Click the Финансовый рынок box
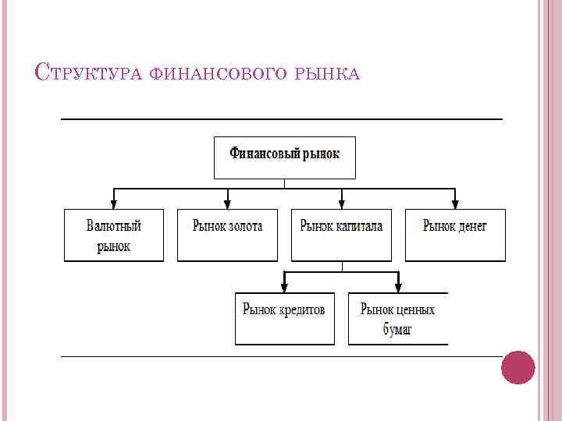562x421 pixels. coord(284,157)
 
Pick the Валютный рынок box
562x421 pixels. coord(114,235)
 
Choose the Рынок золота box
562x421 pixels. coord(227,235)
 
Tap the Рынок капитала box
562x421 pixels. coord(341,235)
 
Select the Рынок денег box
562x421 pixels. coord(455,235)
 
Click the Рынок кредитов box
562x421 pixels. coord(284,318)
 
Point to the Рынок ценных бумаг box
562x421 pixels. coord(397,318)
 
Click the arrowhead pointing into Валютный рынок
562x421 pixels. coord(114,203)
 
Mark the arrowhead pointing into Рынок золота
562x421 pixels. coord(227,203)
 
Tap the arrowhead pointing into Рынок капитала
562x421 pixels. coord(341,203)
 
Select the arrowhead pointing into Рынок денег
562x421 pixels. coord(455,203)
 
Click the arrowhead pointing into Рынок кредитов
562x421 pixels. coord(284,287)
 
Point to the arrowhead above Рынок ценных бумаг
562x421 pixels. coord(397,287)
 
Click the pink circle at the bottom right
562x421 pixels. coord(518,367)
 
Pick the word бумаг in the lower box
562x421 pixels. coord(397,330)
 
